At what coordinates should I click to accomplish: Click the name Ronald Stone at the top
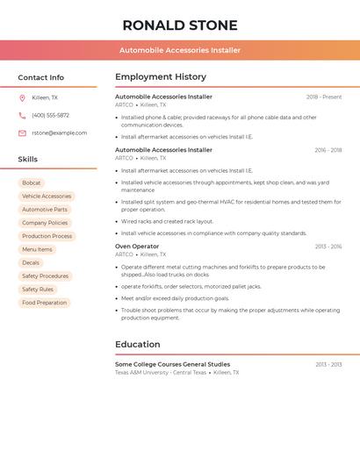click(180, 25)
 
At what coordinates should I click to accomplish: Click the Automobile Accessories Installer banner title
click(180, 50)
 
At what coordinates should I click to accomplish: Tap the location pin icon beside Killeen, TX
click(22, 97)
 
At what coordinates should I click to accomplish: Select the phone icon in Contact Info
click(22, 115)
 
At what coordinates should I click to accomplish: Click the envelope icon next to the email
click(22, 132)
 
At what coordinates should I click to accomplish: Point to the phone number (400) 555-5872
click(50, 115)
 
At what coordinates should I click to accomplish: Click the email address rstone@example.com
click(59, 132)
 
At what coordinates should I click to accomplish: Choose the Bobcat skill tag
click(32, 182)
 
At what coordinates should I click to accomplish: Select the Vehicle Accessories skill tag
click(47, 197)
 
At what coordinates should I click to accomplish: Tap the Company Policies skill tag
click(45, 223)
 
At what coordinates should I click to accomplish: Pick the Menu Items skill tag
click(37, 249)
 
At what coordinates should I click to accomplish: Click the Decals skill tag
click(31, 262)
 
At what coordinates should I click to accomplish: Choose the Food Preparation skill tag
click(44, 303)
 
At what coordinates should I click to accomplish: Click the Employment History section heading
click(161, 77)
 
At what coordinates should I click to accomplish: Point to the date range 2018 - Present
click(324, 97)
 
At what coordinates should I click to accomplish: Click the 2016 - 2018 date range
click(328, 150)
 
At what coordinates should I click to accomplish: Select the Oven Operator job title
click(137, 247)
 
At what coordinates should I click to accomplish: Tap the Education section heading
click(138, 344)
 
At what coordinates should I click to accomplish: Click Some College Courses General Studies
click(172, 364)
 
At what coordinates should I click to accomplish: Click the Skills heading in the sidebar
click(28, 159)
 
